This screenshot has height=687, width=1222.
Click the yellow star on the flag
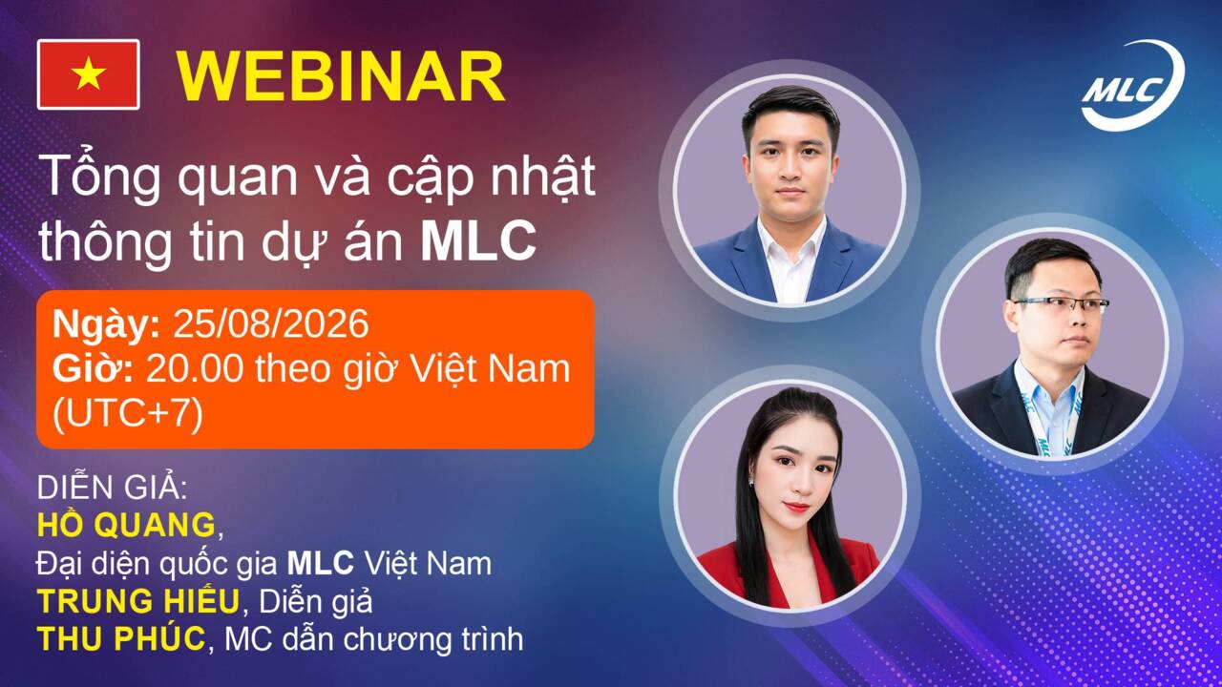point(89,74)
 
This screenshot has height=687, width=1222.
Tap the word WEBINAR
point(341,77)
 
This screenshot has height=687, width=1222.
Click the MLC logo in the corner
point(1133,86)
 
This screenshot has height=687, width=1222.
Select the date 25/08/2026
point(271,324)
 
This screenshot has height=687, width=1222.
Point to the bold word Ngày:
point(106,325)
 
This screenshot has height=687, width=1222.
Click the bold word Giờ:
point(94,369)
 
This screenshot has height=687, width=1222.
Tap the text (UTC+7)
point(128,414)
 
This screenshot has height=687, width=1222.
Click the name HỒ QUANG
point(127,525)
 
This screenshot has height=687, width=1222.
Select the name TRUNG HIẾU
point(138,601)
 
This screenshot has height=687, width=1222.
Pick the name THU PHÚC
point(121,638)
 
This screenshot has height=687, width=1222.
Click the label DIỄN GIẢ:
point(112,487)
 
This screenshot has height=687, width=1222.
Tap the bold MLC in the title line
point(478,240)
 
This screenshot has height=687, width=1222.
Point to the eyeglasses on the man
point(1061,304)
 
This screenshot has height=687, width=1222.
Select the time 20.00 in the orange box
point(195,369)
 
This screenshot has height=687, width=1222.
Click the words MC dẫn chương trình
point(373,639)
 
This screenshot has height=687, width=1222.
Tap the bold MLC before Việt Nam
point(321,563)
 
